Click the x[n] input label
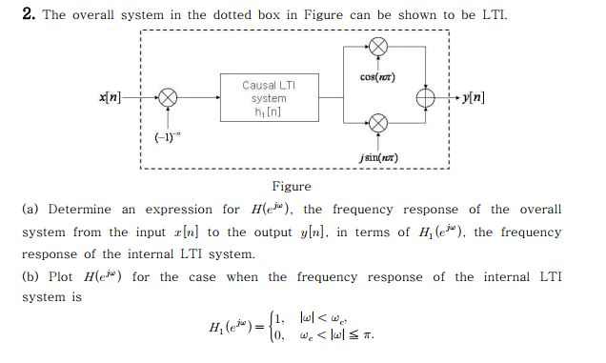tap(109, 97)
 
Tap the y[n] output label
tap(473, 97)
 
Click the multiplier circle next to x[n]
tap(169, 97)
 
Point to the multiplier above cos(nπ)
tap(378, 48)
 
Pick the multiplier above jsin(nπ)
tap(378, 122)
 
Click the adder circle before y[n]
tap(426, 98)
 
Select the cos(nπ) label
tap(378, 76)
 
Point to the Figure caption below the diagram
tap(292, 187)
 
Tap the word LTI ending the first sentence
tap(494, 15)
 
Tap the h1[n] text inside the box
tap(268, 112)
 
